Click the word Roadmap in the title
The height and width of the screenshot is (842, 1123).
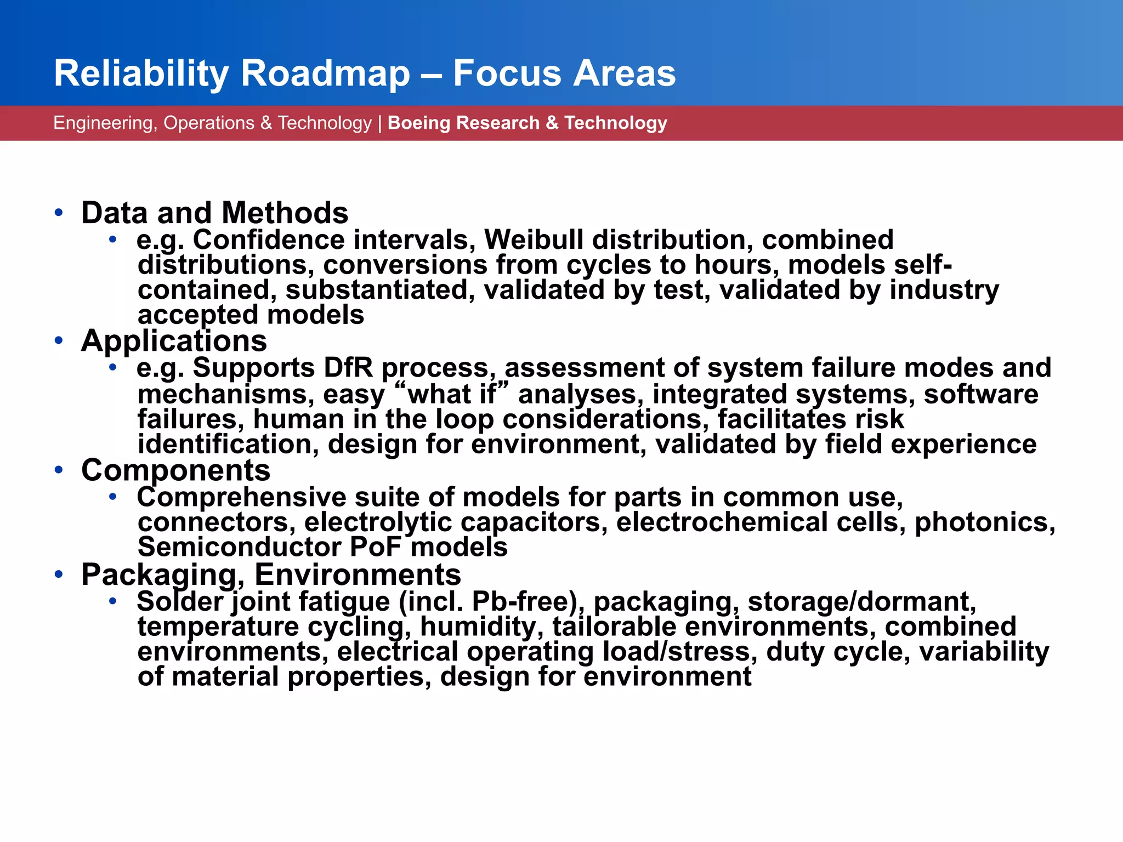pyautogui.click(x=325, y=73)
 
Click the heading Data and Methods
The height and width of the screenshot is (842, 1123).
pyautogui.click(x=214, y=213)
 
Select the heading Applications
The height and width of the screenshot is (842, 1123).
pyautogui.click(x=174, y=341)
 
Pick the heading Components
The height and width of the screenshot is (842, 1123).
pyautogui.click(x=175, y=470)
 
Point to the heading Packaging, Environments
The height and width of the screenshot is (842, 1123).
pyautogui.click(x=271, y=575)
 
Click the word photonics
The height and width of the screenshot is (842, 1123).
pyautogui.click(x=984, y=522)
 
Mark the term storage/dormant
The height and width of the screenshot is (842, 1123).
pyautogui.click(x=861, y=602)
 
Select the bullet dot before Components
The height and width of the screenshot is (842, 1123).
pyautogui.click(x=59, y=470)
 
